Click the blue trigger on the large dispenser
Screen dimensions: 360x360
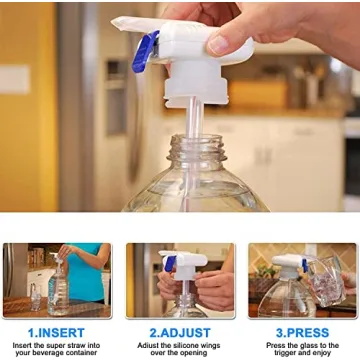tap(145, 51)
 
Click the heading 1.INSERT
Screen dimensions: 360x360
tap(56, 331)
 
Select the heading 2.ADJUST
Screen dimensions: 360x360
tap(180, 331)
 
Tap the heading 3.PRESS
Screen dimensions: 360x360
tap(303, 331)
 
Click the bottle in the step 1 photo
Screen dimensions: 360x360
tap(56, 290)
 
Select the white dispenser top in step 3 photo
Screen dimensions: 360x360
tap(292, 265)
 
